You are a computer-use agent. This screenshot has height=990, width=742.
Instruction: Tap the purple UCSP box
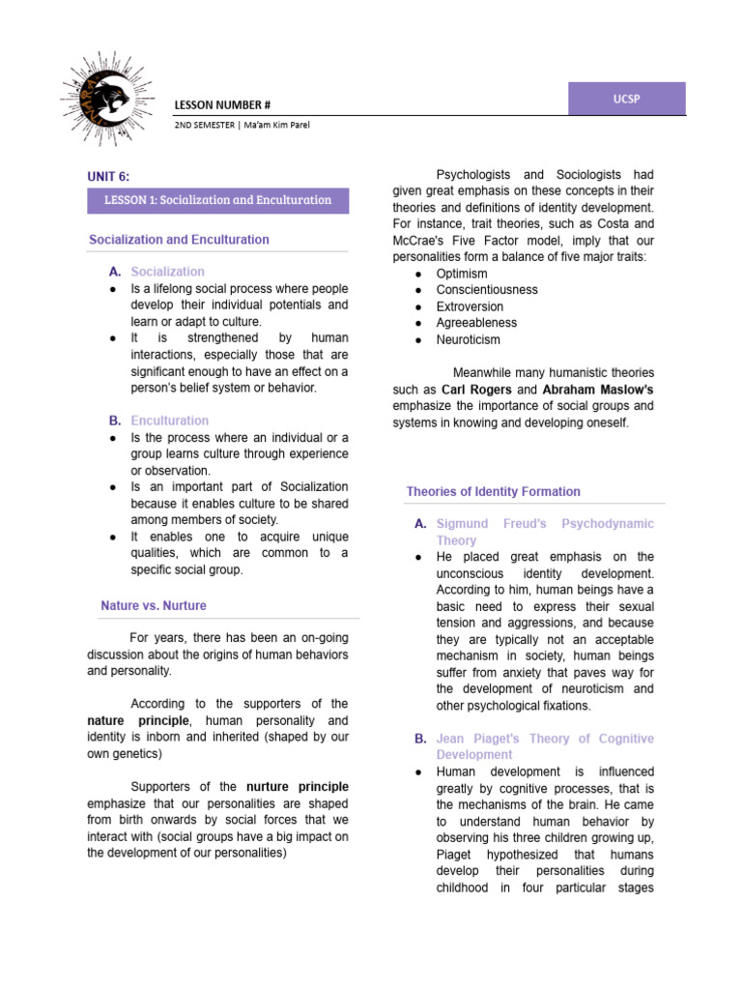tap(626, 100)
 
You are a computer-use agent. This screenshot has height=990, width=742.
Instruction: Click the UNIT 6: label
tap(107, 176)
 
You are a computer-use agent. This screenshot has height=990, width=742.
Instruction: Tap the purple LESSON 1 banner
tap(217, 200)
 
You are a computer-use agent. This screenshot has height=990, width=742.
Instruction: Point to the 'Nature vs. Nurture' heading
tap(154, 605)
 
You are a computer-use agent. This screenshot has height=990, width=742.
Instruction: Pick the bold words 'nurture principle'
tap(298, 786)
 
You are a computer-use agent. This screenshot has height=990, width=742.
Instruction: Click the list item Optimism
tap(463, 274)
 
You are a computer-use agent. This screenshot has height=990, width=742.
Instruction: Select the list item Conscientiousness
tap(487, 290)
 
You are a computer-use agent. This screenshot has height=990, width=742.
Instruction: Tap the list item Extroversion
tap(470, 306)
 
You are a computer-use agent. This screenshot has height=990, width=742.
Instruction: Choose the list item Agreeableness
tap(476, 323)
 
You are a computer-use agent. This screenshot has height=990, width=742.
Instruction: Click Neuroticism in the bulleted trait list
tap(469, 339)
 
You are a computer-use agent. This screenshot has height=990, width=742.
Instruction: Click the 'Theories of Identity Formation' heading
tap(493, 491)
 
